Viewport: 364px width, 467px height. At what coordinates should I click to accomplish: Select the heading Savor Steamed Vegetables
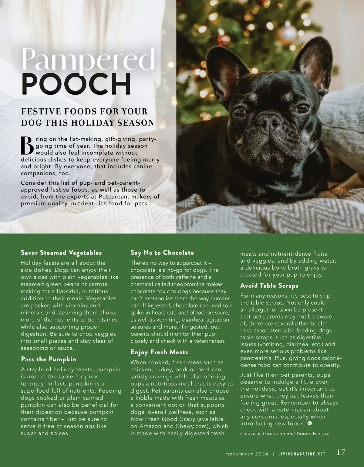(x=61, y=253)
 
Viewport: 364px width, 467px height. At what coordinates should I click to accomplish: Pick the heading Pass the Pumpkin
(x=49, y=359)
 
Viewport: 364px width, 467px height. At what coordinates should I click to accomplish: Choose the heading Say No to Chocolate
(x=162, y=253)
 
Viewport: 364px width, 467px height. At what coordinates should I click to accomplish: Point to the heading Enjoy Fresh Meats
(x=159, y=352)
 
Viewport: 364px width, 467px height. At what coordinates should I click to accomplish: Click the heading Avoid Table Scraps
(x=269, y=286)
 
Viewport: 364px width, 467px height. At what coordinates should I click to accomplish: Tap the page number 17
(x=341, y=452)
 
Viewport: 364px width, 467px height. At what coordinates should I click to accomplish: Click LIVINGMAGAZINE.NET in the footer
(x=302, y=454)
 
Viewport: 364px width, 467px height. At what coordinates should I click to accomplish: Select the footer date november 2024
(x=247, y=454)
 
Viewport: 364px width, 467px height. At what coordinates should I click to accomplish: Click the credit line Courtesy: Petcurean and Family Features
(x=286, y=434)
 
